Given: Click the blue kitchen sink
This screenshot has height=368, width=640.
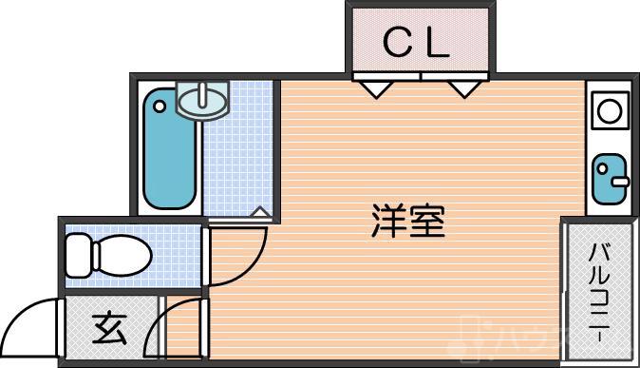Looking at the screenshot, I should tap(609, 179).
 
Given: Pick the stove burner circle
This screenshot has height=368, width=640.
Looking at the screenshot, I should tap(610, 111).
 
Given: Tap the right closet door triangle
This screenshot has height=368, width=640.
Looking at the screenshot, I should tap(463, 89).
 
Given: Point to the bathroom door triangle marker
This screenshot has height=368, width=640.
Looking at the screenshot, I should tap(258, 213).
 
